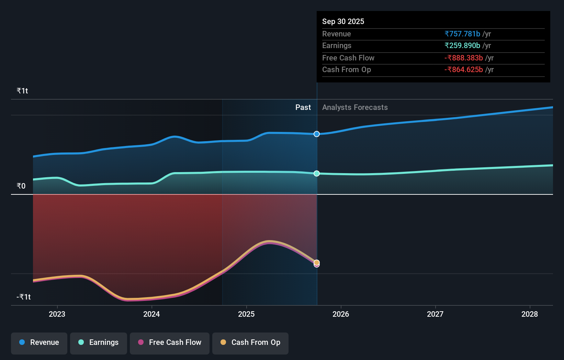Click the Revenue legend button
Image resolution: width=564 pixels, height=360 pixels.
39,342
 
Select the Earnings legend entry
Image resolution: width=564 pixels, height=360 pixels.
99,342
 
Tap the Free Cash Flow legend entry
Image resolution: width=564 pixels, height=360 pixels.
170,342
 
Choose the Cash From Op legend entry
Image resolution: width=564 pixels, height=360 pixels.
250,342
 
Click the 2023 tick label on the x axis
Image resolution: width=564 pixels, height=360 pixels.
57,314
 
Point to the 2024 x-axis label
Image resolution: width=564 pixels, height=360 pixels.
151,314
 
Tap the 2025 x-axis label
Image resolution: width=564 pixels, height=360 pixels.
246,314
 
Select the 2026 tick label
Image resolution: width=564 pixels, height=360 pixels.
341,314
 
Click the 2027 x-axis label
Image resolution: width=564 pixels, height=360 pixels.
435,314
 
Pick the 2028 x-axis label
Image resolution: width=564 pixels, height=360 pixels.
530,314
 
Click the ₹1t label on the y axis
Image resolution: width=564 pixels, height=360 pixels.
22,91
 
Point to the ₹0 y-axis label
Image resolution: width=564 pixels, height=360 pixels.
21,186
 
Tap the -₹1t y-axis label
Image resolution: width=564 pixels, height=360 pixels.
24,297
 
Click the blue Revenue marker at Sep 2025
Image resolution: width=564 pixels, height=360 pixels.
317,134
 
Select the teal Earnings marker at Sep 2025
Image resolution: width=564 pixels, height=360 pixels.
317,173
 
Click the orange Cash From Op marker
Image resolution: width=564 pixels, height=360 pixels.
317,262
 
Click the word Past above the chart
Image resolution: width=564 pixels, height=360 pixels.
303,107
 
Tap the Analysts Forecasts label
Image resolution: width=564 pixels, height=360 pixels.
355,107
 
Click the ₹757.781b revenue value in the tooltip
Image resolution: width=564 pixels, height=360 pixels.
462,34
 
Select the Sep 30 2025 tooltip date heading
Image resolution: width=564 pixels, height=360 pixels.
343,21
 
